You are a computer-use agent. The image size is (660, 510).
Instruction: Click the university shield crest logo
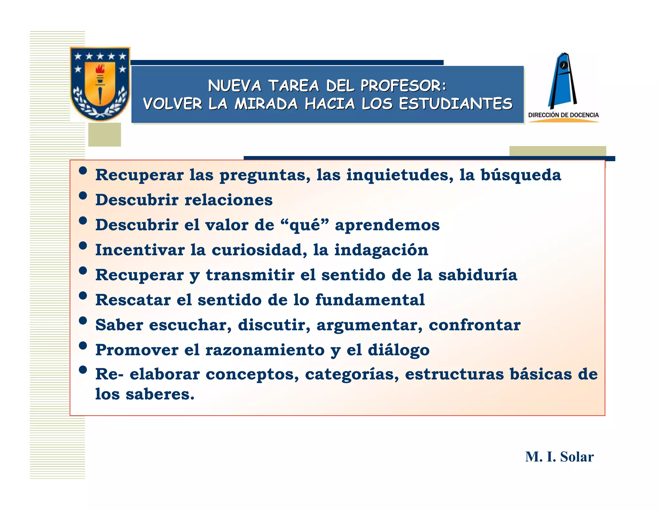click(100, 84)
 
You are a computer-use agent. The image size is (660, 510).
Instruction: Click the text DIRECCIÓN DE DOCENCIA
click(563, 115)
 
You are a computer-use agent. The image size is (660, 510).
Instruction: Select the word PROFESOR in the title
click(403, 86)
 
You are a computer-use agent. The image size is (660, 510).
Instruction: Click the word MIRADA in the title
click(266, 104)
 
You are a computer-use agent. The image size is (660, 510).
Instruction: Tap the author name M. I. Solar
click(559, 457)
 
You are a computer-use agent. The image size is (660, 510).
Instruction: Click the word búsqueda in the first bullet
click(521, 175)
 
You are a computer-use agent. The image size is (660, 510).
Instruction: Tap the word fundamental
click(370, 300)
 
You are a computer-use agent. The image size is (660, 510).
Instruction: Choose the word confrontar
click(474, 325)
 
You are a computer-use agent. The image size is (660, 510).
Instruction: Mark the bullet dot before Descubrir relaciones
click(83, 196)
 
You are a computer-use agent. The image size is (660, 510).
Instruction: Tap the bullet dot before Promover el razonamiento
click(83, 346)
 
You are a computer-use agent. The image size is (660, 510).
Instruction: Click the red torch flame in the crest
click(100, 68)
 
